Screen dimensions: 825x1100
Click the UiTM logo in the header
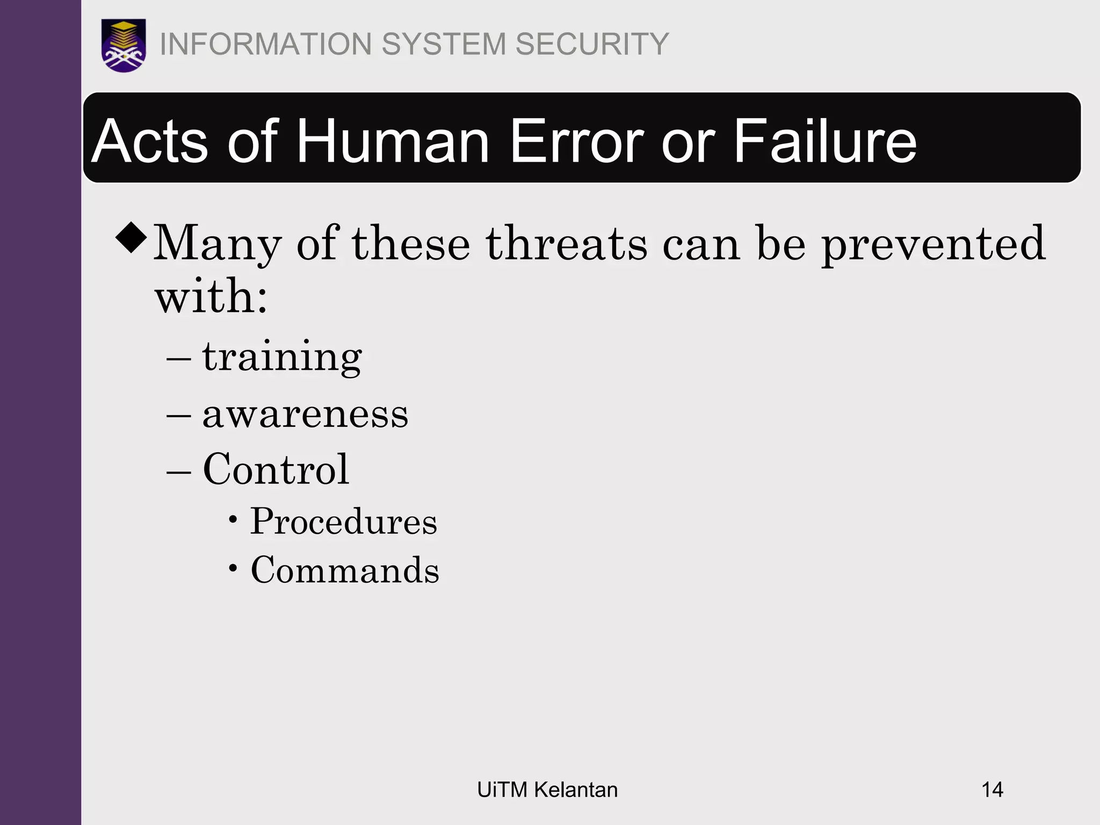click(x=124, y=45)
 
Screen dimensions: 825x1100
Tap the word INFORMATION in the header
click(x=266, y=44)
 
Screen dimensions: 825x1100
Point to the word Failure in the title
click(x=825, y=141)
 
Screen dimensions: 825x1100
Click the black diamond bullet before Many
click(x=131, y=237)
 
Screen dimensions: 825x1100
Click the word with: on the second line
click(x=211, y=296)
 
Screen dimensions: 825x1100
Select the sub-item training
click(x=282, y=357)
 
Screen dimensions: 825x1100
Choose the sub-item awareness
click(x=305, y=415)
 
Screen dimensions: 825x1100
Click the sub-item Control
click(x=276, y=469)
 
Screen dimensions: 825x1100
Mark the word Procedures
click(x=344, y=522)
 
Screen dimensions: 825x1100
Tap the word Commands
click(x=345, y=570)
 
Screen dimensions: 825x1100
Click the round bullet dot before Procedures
click(x=233, y=519)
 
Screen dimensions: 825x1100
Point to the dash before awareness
click(x=179, y=416)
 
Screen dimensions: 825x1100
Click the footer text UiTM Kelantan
click(x=547, y=790)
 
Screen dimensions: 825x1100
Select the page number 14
click(x=992, y=790)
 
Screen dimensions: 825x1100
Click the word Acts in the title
click(x=149, y=141)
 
